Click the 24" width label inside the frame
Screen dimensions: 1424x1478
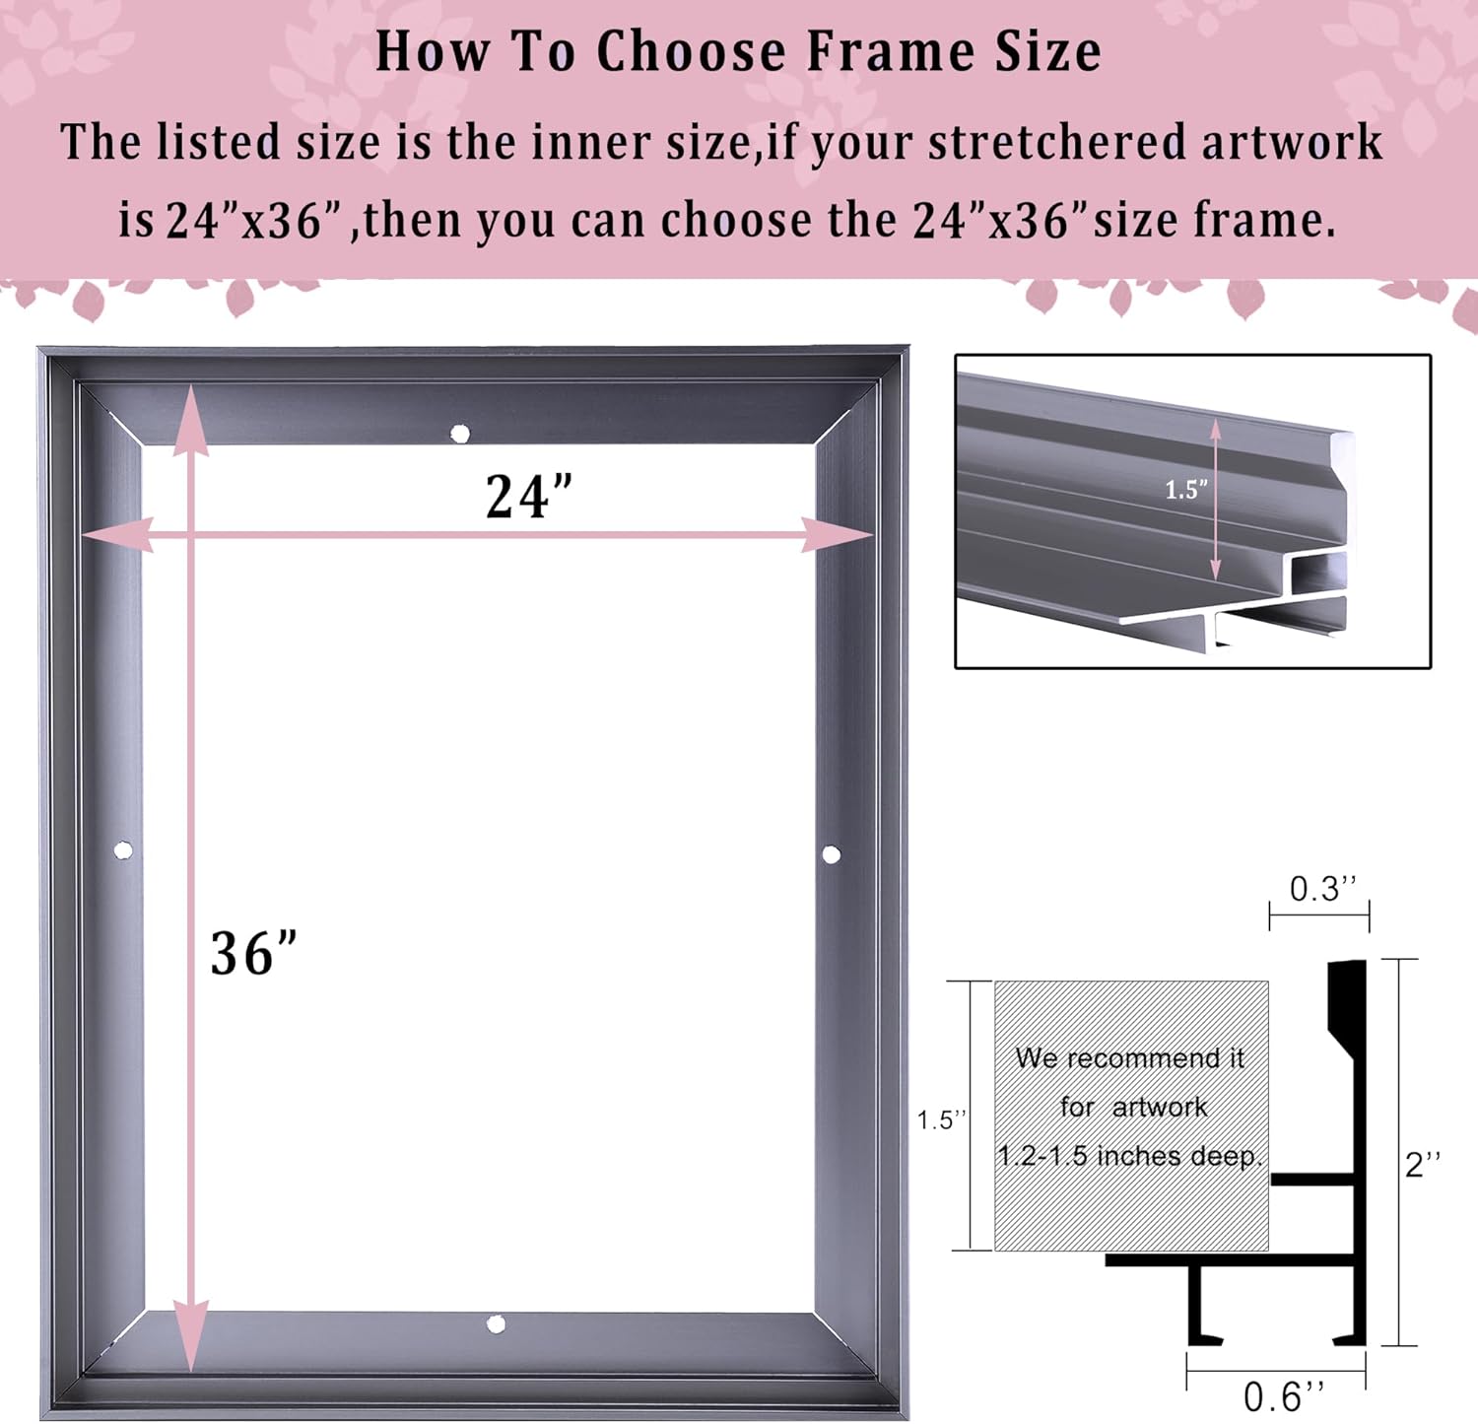(529, 496)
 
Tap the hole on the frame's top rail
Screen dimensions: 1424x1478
(460, 434)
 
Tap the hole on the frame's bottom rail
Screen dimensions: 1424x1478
(497, 1324)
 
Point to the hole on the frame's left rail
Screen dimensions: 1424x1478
(123, 850)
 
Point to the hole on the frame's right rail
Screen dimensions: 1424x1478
(832, 854)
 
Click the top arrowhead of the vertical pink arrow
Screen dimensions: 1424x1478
(191, 424)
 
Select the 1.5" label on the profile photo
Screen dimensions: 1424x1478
(1185, 490)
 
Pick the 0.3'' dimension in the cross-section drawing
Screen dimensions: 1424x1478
(1322, 889)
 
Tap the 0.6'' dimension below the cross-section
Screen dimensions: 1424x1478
(1284, 1396)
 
